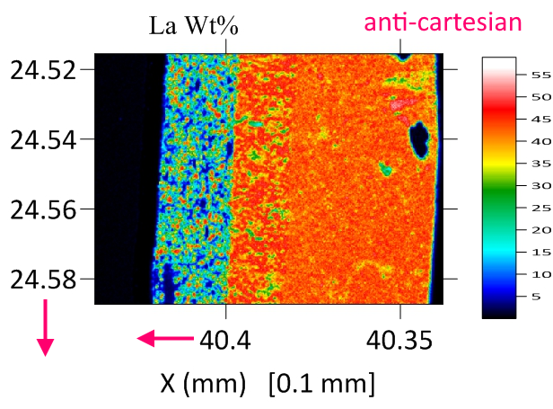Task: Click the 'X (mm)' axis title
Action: click(x=203, y=384)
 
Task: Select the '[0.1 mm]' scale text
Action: click(x=320, y=384)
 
